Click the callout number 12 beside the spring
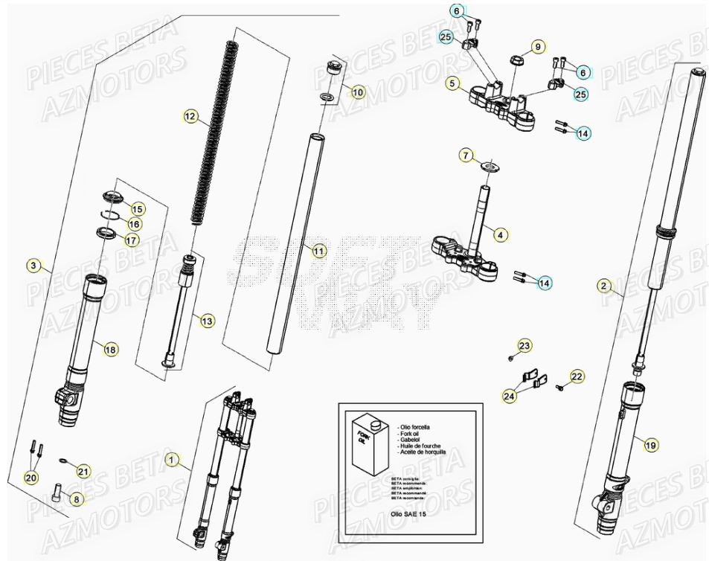[190, 116]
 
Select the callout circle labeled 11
[318, 251]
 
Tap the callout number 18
[110, 349]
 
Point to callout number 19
[651, 446]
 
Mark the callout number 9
[537, 47]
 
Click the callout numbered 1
[172, 461]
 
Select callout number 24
[509, 397]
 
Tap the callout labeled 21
[83, 471]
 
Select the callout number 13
[207, 321]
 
